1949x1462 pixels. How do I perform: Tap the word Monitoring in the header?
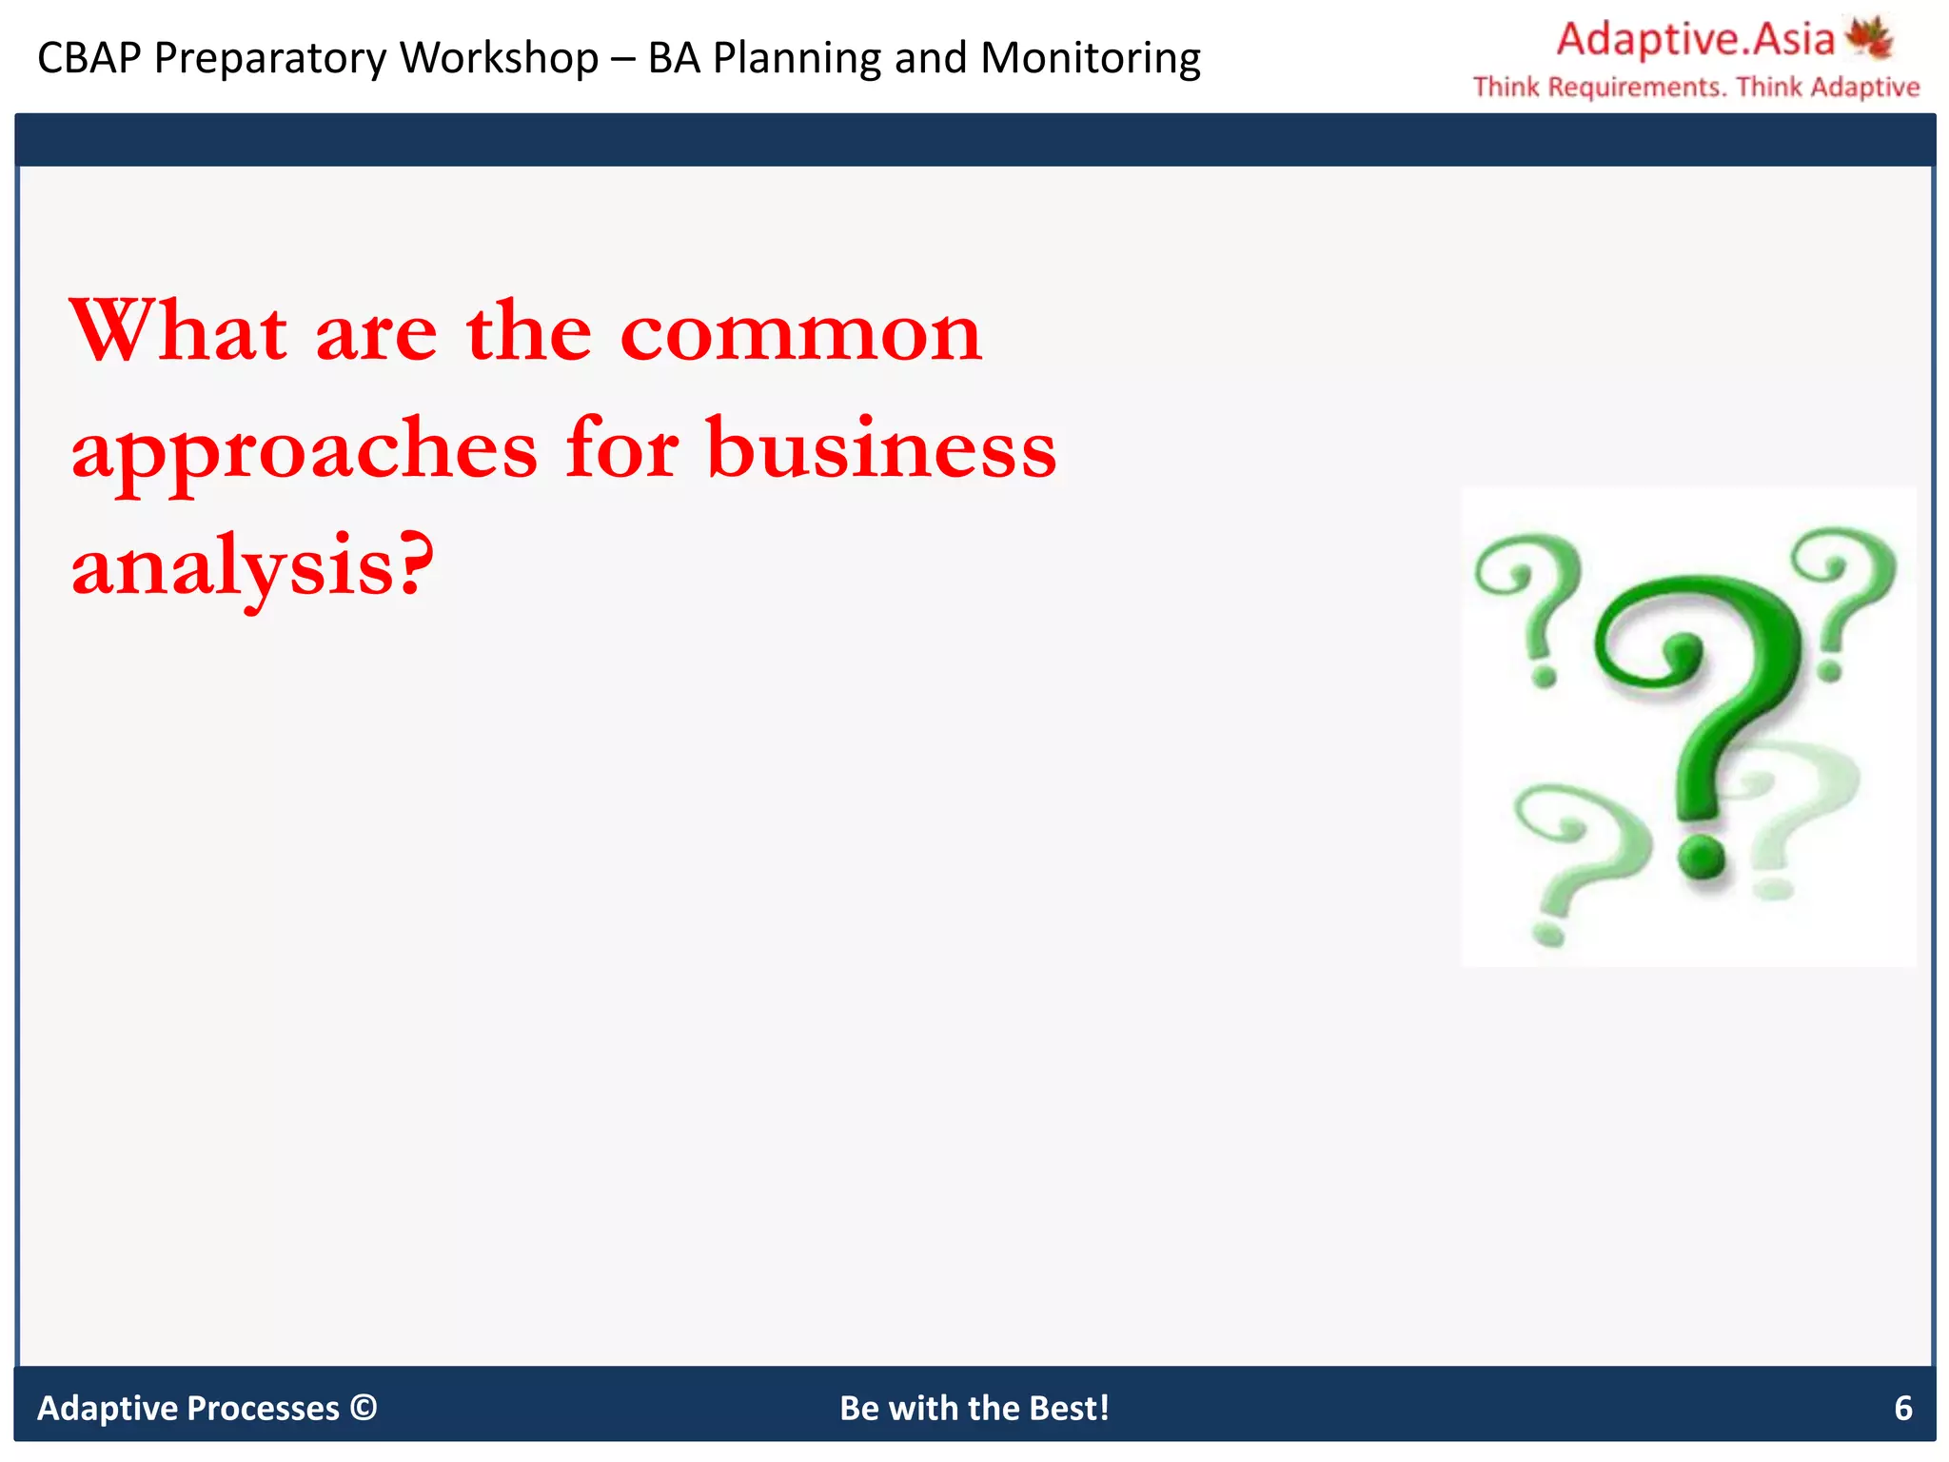tap(1091, 58)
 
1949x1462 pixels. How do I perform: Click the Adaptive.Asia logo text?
tap(1695, 40)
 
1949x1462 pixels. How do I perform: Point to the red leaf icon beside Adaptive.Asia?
tap(1869, 38)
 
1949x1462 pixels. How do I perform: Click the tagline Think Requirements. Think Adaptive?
tap(1696, 88)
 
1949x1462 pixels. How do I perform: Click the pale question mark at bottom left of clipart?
tap(1561, 857)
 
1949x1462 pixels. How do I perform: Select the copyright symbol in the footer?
tap(364, 1407)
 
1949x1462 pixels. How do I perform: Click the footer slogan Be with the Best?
tap(974, 1408)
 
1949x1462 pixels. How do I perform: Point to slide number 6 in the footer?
tap(1902, 1408)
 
